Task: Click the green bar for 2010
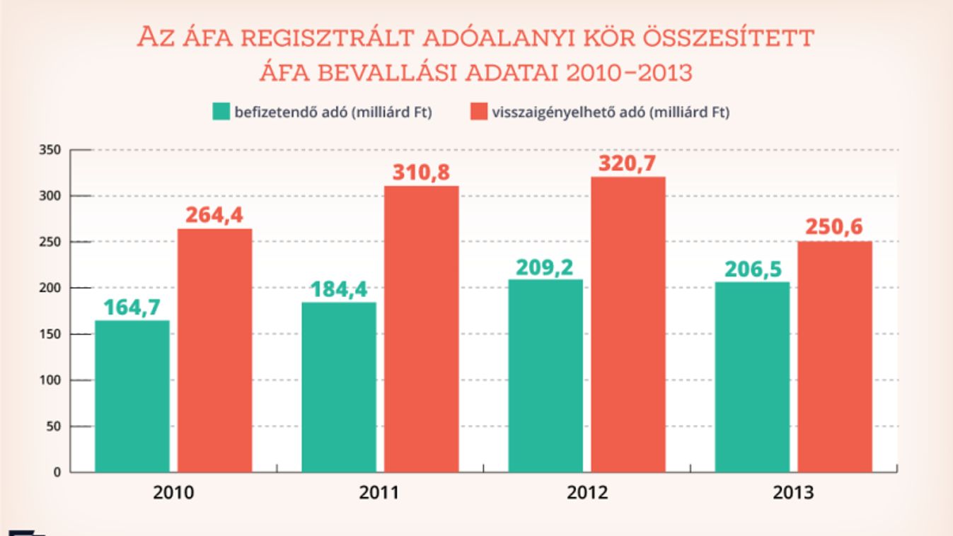click(x=132, y=396)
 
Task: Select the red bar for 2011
click(x=421, y=329)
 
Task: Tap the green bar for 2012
click(x=545, y=375)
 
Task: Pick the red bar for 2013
click(x=835, y=356)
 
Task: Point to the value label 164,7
click(x=132, y=308)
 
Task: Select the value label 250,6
click(x=834, y=228)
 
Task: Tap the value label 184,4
click(x=339, y=290)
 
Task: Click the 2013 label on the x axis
click(x=794, y=492)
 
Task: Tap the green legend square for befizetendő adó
click(x=221, y=112)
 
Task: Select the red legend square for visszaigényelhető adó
click(x=478, y=112)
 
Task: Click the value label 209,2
click(x=545, y=267)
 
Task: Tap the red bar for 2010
click(x=214, y=350)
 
